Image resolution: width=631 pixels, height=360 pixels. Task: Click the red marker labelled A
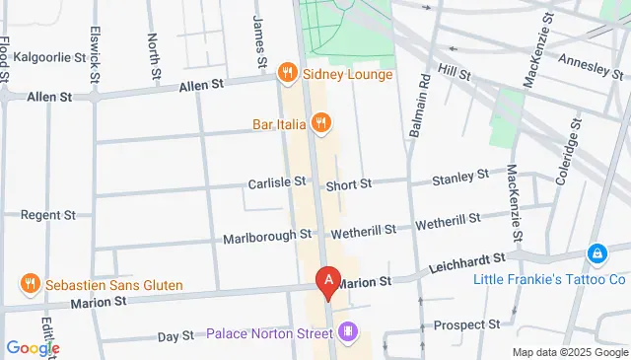tap(328, 281)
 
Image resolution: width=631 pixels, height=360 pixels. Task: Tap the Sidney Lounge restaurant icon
tap(287, 72)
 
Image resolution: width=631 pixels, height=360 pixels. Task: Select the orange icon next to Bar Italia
tap(320, 123)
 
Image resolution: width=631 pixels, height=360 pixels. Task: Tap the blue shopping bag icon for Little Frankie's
tap(596, 255)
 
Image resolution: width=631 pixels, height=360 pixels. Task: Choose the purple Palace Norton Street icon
tap(346, 331)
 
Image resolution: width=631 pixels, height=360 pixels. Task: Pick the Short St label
tap(349, 183)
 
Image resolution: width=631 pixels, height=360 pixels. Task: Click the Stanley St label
tap(460, 178)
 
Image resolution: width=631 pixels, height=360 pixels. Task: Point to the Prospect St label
tap(467, 324)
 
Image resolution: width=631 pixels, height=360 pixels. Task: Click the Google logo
tap(33, 347)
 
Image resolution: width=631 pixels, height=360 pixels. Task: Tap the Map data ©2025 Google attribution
tap(570, 352)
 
